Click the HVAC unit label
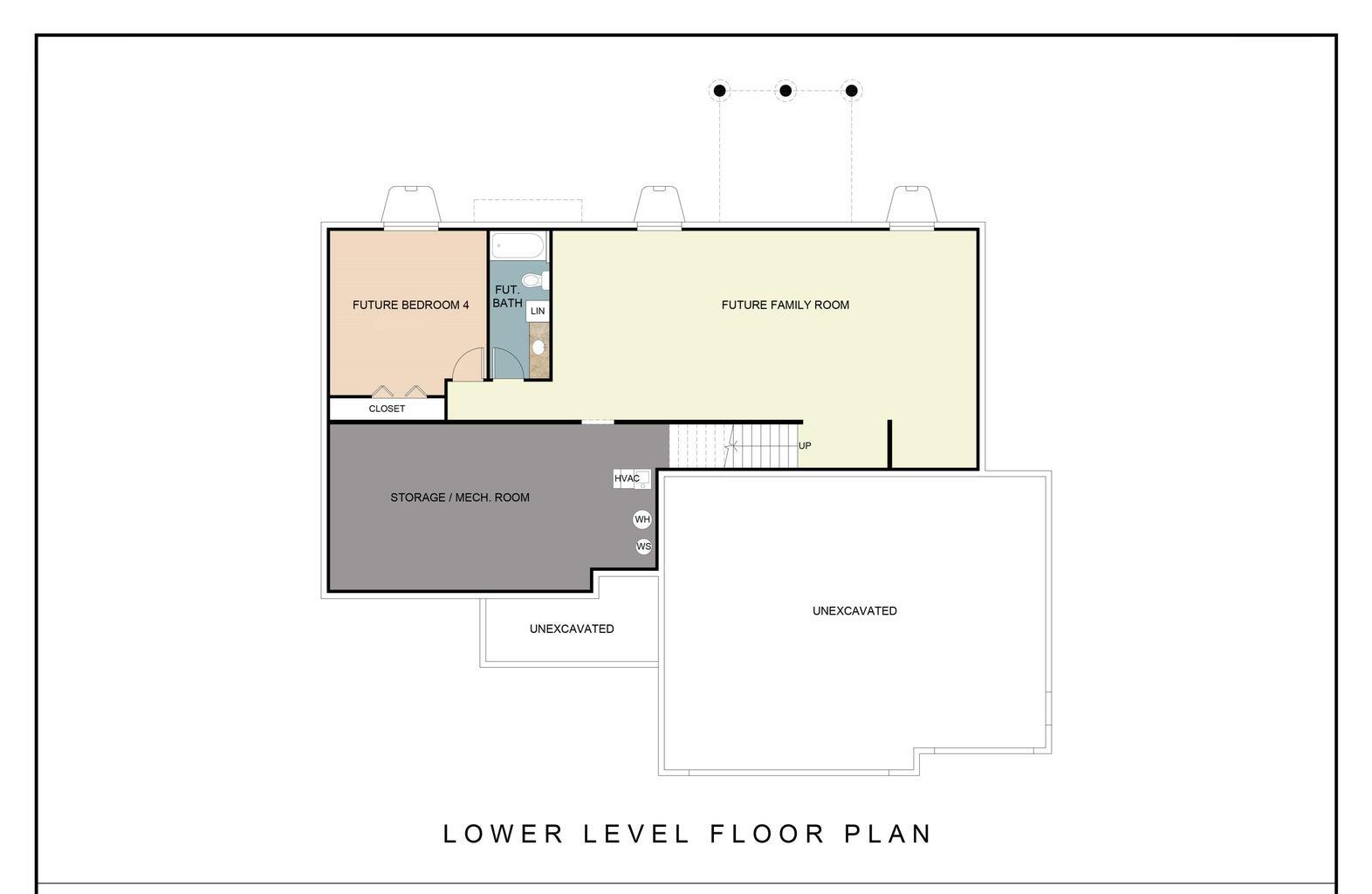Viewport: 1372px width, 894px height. [628, 478]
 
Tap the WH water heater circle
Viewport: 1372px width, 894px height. [642, 519]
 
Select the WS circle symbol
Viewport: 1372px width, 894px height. [644, 547]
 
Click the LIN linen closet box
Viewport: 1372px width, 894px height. [538, 311]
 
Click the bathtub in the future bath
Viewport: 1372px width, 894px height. [518, 245]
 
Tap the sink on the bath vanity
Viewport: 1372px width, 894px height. [539, 347]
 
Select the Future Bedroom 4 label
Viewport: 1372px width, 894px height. [410, 305]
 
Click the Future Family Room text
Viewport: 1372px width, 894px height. [785, 305]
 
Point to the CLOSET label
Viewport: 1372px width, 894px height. [387, 409]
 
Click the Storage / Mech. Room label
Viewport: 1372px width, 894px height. [460, 498]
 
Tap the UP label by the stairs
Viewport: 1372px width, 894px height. [805, 445]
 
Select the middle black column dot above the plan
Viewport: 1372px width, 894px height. [785, 90]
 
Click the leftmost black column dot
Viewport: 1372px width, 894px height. [719, 90]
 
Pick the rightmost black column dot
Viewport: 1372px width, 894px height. [852, 90]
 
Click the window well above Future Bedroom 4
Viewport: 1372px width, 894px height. [411, 206]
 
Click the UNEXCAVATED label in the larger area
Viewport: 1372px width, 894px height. [854, 611]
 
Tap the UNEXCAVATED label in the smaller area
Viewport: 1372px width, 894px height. [572, 629]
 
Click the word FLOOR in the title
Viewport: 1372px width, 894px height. [767, 834]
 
